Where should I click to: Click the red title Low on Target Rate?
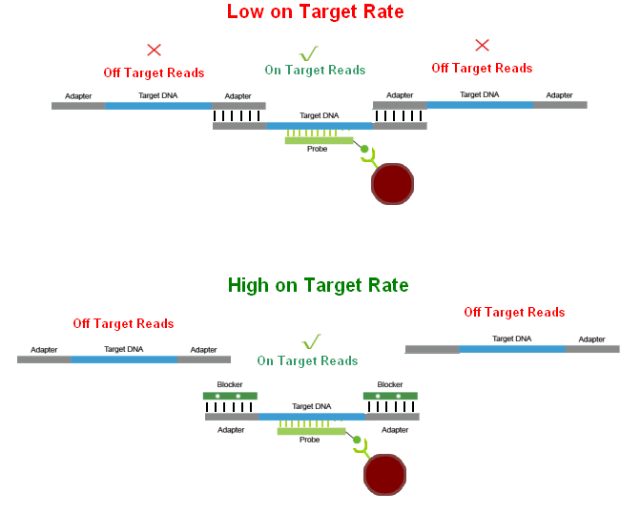(315, 12)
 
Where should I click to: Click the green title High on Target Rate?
(318, 285)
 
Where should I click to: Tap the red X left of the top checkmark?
(154, 50)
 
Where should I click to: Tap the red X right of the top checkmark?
(482, 45)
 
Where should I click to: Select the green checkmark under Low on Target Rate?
(308, 53)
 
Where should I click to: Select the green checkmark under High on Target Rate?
(311, 341)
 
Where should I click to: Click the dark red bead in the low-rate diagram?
(391, 183)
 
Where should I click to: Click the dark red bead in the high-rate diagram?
(385, 474)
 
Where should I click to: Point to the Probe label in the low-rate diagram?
(318, 149)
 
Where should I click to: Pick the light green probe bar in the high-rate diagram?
(311, 431)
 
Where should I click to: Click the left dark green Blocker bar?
(230, 395)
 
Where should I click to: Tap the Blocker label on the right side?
(390, 384)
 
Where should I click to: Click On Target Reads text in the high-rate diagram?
(307, 360)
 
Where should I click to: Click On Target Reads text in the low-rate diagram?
(315, 70)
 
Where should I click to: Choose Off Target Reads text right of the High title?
(514, 312)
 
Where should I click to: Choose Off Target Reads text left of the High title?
(123, 323)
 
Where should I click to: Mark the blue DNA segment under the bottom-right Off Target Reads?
(512, 349)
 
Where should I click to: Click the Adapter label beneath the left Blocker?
(231, 430)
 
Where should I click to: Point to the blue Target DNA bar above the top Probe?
(319, 125)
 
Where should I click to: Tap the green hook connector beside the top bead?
(365, 157)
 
